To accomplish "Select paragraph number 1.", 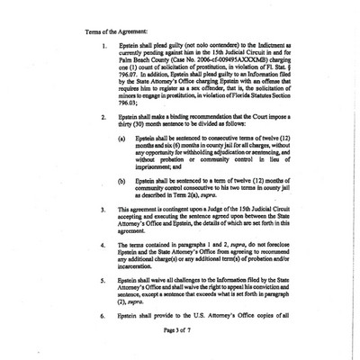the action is coord(105,45).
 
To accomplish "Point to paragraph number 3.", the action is coord(105,232).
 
